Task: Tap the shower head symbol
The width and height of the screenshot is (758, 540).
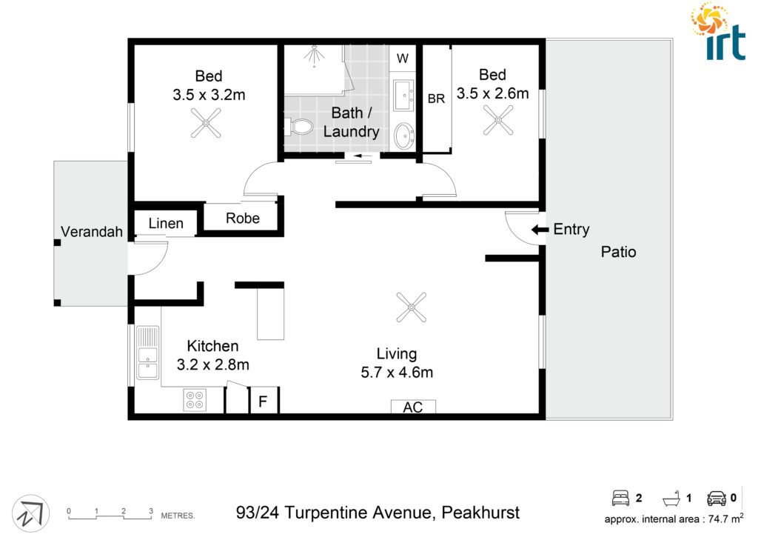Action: click(314, 55)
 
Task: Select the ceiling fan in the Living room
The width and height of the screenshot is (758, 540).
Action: click(411, 307)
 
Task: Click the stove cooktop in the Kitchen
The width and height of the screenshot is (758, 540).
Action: click(195, 400)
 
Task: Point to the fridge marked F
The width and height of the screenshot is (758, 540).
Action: click(264, 401)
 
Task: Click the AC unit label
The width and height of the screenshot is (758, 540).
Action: click(413, 407)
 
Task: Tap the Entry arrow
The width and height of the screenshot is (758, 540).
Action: click(540, 230)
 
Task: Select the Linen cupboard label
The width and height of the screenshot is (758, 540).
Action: click(166, 224)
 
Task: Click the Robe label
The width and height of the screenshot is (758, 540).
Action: click(243, 219)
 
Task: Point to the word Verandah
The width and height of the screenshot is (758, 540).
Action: click(92, 232)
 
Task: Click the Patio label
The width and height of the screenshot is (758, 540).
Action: click(618, 252)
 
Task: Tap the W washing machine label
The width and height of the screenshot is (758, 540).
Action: click(403, 59)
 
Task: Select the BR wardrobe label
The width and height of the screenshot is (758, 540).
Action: click(436, 99)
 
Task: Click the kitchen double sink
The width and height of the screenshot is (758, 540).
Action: click(147, 353)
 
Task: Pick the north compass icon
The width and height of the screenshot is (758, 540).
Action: click(30, 513)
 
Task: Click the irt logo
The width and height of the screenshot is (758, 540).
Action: click(718, 31)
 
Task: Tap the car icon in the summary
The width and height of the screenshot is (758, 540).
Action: click(717, 498)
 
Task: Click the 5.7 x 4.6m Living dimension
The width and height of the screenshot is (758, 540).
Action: click(397, 373)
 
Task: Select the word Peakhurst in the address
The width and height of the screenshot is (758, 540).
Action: click(480, 513)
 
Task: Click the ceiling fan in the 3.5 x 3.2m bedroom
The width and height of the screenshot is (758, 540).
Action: click(206, 123)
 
